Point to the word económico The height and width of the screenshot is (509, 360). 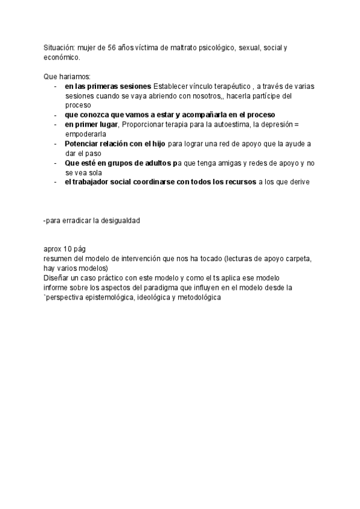click(x=61, y=58)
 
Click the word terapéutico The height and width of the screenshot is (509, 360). click(x=229, y=86)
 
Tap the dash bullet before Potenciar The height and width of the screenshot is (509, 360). click(x=55, y=144)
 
